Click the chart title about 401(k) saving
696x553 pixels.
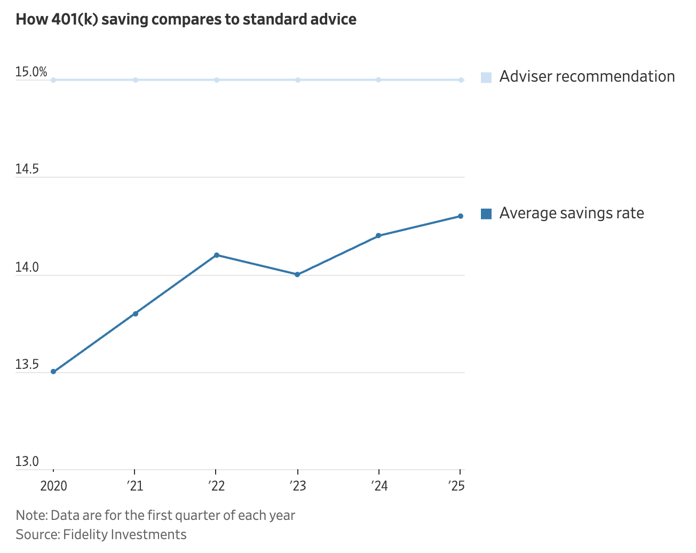186,20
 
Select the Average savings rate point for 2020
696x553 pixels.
53,372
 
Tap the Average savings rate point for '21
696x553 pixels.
135,313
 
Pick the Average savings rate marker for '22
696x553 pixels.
216,255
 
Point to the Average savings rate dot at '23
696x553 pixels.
297,274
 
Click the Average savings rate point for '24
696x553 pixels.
378,235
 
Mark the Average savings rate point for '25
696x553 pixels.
460,216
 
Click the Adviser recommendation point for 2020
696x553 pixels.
53,80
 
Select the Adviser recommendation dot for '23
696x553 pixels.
297,80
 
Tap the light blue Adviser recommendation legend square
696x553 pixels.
486,77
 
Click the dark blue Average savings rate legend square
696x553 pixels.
486,214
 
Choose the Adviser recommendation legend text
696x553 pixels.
587,77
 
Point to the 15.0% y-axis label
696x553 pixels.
31,72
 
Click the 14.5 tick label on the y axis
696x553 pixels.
27,170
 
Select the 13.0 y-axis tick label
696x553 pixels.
27,462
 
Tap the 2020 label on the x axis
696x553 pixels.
53,486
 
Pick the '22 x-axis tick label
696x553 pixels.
216,486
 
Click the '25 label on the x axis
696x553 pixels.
456,486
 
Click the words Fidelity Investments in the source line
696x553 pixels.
125,534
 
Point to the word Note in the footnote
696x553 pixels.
31,515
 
